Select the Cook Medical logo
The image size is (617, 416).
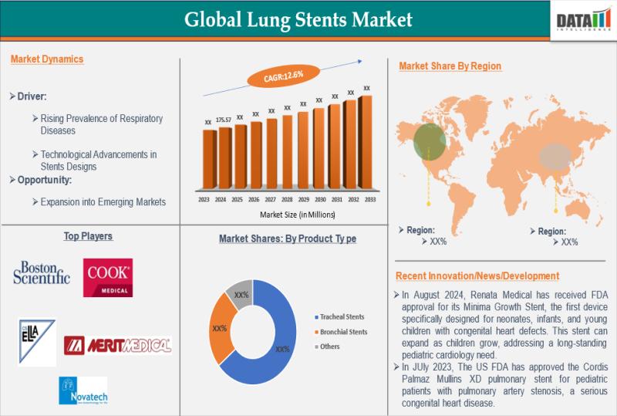coord(108,278)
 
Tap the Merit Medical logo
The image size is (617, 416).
coord(117,345)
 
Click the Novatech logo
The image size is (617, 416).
coord(83,391)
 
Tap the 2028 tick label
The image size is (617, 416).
coord(287,198)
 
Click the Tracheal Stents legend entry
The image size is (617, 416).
coord(341,317)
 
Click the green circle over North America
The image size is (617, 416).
coord(428,140)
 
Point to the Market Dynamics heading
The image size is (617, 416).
coord(48,59)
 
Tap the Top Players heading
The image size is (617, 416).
coord(89,235)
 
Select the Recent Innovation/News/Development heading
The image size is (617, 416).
coord(477,276)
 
